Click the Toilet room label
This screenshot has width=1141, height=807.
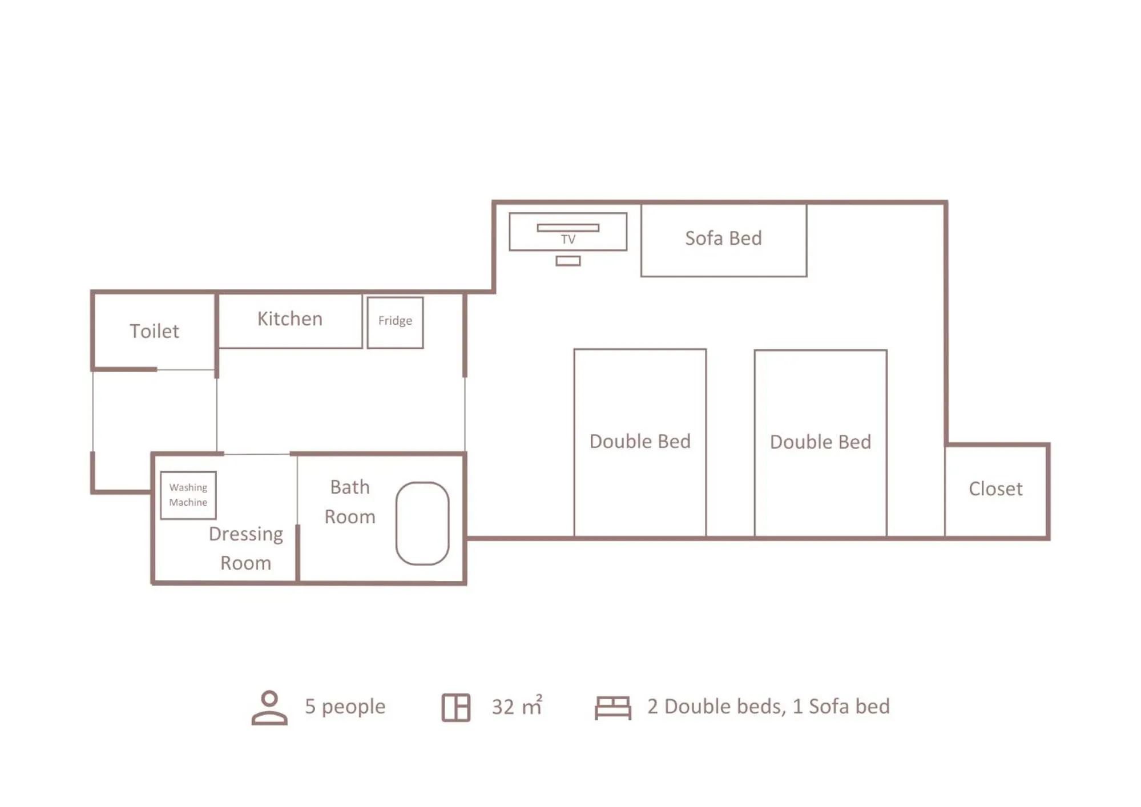click(154, 331)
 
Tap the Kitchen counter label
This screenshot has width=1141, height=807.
click(290, 318)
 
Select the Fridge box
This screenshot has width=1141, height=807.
click(395, 322)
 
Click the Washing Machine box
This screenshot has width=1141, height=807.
click(188, 495)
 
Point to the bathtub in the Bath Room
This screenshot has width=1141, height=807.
click(422, 523)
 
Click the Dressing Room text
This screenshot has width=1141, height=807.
click(246, 548)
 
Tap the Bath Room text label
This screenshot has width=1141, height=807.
click(350, 502)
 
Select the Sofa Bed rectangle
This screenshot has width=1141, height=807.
click(723, 239)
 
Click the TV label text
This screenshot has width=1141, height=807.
click(568, 240)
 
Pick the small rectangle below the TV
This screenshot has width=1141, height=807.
click(568, 261)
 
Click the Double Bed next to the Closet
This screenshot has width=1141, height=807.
click(820, 442)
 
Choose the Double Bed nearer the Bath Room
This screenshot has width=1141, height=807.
click(640, 442)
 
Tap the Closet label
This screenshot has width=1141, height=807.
click(995, 489)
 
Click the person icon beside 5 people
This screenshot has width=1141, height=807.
click(269, 708)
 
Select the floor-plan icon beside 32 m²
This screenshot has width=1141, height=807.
click(456, 708)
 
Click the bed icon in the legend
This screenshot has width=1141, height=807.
click(612, 708)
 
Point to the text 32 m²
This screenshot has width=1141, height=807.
click(517, 707)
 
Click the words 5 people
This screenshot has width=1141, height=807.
click(345, 707)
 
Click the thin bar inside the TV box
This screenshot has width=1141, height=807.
click(568, 228)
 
